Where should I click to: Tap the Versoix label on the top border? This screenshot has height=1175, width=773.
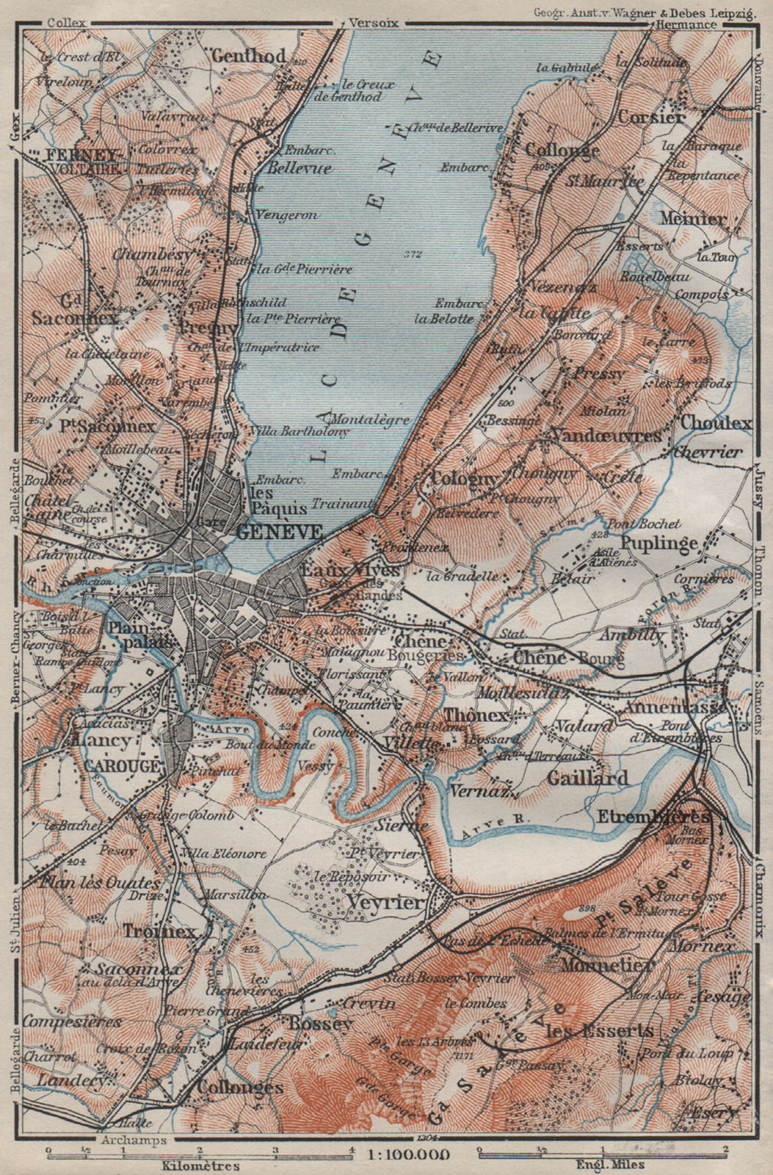coord(374,23)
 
